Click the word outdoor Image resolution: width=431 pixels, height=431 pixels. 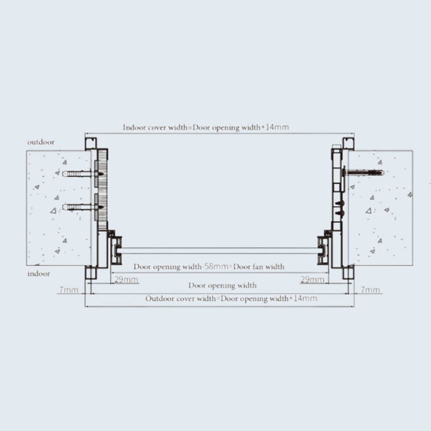[x=41, y=142]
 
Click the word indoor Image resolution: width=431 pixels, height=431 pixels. [x=39, y=274]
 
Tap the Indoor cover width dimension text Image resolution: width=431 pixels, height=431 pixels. [x=206, y=127]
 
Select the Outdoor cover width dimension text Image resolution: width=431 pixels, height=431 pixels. [x=231, y=298]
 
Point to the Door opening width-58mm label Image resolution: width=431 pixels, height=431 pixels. [x=209, y=267]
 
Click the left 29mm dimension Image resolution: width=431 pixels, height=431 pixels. [x=127, y=280]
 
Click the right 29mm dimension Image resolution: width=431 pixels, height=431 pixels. [x=312, y=280]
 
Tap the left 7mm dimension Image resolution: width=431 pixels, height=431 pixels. [x=69, y=290]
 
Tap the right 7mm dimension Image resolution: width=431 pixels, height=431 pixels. [x=370, y=290]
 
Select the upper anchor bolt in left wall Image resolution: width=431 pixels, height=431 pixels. [x=83, y=173]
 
